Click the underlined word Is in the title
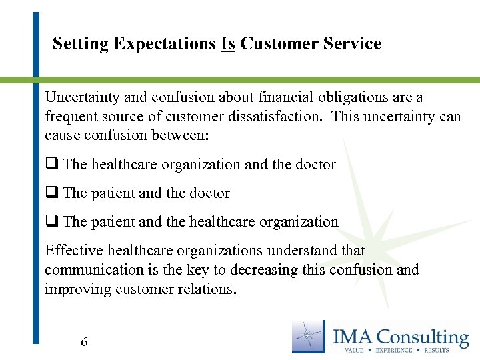click(228, 44)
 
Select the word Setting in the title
click(81, 45)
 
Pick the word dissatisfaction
click(273, 117)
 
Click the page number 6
click(84, 343)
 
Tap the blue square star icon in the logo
click(309, 336)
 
